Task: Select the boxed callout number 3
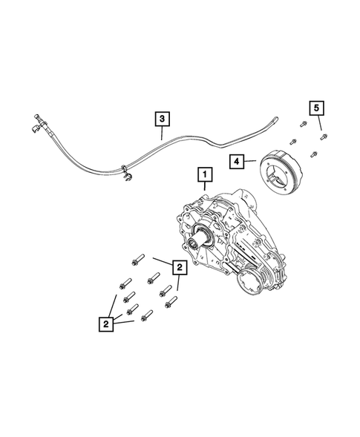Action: (x=162, y=117)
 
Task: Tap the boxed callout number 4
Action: (x=235, y=160)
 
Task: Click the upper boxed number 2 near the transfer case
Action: (x=178, y=266)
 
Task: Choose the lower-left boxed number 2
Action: (x=108, y=324)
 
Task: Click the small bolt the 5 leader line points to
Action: (x=324, y=137)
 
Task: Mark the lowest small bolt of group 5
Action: (x=315, y=154)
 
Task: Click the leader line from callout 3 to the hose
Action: (x=162, y=133)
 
